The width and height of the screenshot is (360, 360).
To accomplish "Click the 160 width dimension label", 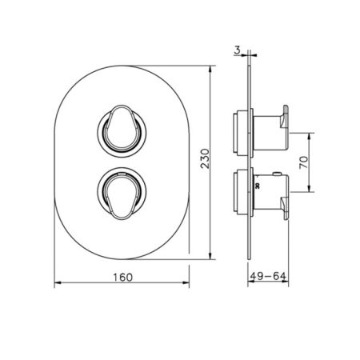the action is click(x=122, y=278).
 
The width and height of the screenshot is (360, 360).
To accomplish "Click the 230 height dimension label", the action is click(x=205, y=158).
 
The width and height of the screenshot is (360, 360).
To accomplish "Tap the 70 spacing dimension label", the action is click(x=303, y=162).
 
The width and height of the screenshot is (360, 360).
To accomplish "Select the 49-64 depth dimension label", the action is click(x=268, y=276).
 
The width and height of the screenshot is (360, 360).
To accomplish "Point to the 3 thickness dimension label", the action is click(x=237, y=50).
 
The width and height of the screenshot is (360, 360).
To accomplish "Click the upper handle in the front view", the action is click(x=122, y=129).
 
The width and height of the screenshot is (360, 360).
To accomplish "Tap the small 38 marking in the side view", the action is click(x=258, y=186).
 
